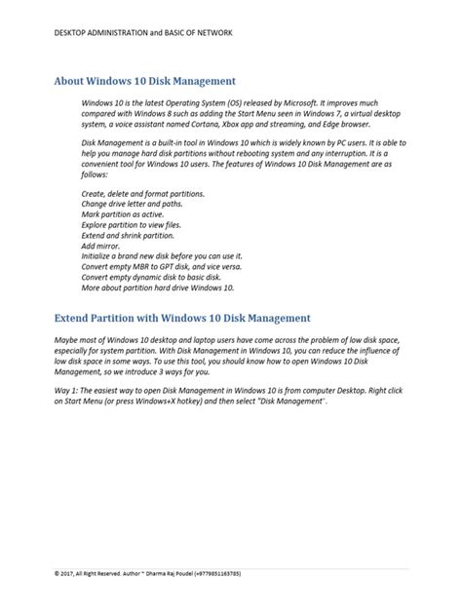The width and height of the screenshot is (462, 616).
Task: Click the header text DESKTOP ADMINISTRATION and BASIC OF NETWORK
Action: (143, 32)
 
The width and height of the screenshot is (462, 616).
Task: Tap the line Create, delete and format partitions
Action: (143, 195)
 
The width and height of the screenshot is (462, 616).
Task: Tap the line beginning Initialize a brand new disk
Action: (162, 256)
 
